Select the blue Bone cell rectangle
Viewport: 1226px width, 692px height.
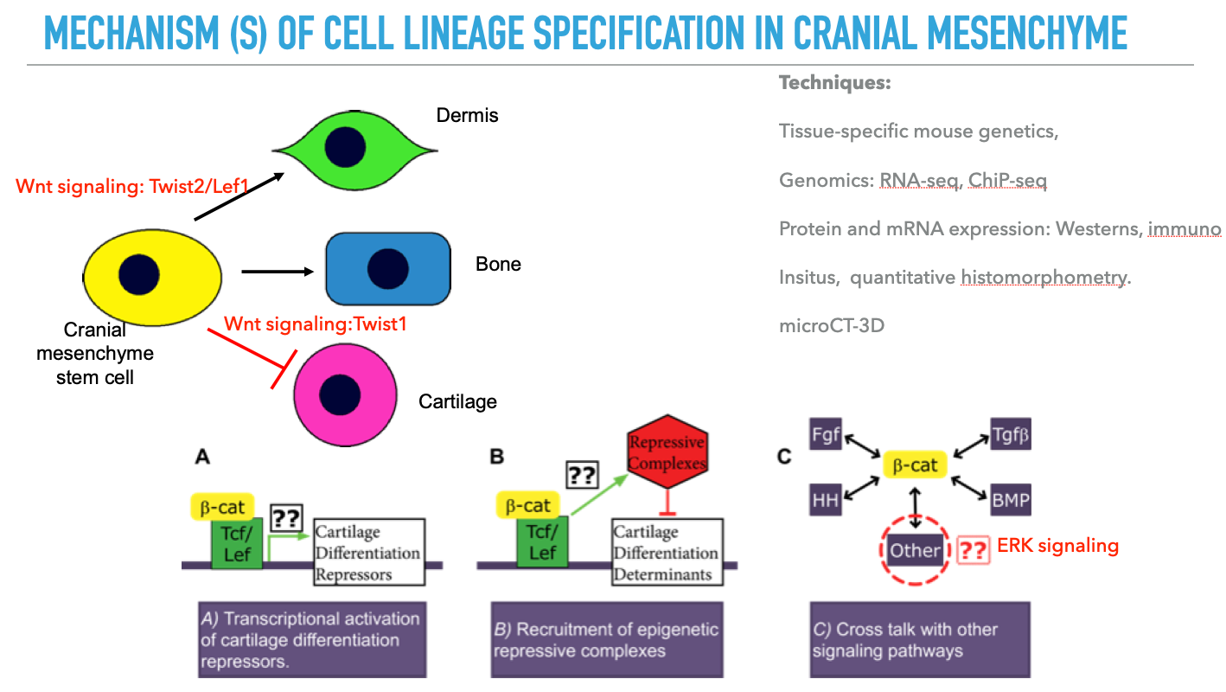[387, 269]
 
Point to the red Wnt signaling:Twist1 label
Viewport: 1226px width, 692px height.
[315, 324]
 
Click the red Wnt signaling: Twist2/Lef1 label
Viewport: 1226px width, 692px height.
[138, 186]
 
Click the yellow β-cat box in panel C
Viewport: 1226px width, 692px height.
[916, 466]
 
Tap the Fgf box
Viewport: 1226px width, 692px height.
[826, 434]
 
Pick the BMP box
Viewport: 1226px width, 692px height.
[1011, 500]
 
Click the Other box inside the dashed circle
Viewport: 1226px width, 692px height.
[916, 550]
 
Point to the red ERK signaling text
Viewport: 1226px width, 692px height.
[1057, 546]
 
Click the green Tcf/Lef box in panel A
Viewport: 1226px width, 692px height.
[237, 542]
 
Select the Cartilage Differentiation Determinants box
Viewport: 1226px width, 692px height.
[666, 552]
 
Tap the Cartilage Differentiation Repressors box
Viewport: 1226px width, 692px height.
[367, 552]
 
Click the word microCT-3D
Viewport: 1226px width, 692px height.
[831, 327]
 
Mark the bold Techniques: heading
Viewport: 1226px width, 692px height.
[834, 84]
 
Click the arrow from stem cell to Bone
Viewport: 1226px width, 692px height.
[277, 272]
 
